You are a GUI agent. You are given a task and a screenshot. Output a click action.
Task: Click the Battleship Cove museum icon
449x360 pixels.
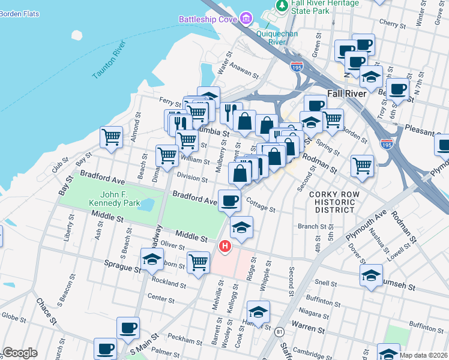(246, 19)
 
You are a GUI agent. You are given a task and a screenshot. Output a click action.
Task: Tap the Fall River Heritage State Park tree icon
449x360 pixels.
(281, 5)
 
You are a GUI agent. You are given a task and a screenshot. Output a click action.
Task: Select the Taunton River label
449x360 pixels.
(109, 60)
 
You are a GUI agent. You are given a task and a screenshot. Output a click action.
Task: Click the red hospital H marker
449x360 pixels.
(225, 246)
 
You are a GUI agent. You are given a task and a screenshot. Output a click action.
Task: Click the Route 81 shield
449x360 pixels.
(279, 331)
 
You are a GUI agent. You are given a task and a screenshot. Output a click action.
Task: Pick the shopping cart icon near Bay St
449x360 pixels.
(111, 137)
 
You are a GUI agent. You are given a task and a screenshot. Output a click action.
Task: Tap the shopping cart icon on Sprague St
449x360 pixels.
(198, 262)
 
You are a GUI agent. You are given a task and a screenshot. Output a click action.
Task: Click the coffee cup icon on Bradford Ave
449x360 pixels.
(229, 200)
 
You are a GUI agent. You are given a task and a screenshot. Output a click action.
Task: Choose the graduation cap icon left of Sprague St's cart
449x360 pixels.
(152, 259)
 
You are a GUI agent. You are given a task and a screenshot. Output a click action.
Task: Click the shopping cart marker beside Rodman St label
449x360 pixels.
(362, 165)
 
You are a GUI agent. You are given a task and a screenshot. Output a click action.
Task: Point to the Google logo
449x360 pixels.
(20, 353)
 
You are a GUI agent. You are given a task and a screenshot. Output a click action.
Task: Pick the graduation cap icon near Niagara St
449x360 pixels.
(258, 312)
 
